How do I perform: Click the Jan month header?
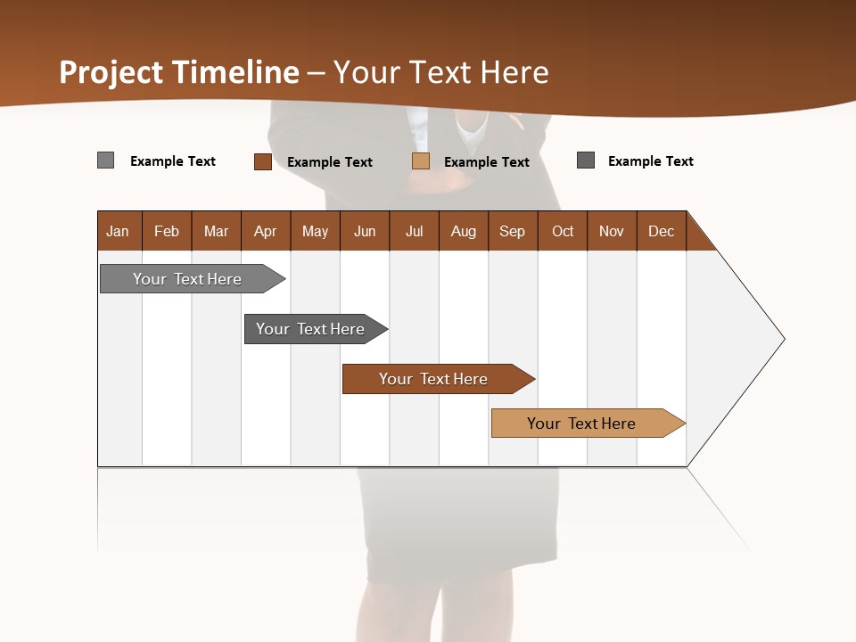pos(118,232)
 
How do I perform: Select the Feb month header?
pos(167,232)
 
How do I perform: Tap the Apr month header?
pos(265,232)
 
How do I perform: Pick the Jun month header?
pos(364,232)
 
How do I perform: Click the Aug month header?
pos(463,232)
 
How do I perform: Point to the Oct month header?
pos(563,232)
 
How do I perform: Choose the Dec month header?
pos(661,232)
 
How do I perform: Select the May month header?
pos(315,232)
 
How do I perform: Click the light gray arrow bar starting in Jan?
pos(187,279)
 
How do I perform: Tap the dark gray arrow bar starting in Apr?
pos(310,329)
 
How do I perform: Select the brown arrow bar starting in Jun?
pos(433,379)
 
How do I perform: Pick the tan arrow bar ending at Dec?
pos(581,424)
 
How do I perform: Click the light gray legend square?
pos(106,160)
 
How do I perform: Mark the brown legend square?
pos(263,161)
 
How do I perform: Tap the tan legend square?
pos(421,161)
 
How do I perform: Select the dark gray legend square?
pos(586,160)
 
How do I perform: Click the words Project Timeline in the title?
pos(179,72)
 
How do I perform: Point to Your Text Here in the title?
pos(441,72)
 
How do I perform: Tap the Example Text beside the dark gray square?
pos(650,161)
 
